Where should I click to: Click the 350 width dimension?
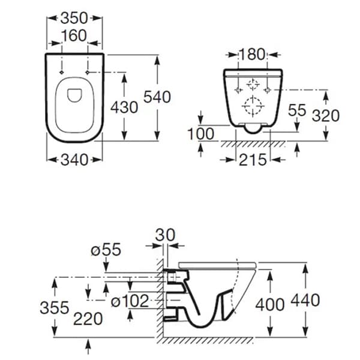click(74, 19)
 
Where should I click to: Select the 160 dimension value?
click(74, 36)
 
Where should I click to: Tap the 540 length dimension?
click(157, 97)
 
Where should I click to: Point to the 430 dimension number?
click(124, 107)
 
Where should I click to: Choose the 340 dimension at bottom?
click(74, 160)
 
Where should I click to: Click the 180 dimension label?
click(252, 55)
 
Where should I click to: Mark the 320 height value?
click(326, 115)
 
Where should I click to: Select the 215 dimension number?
click(253, 160)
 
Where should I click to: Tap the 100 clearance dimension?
click(201, 134)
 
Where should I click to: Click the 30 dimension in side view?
click(166, 235)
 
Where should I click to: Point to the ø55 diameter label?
click(106, 250)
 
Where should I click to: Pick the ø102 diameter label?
click(130, 301)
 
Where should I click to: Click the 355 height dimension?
click(55, 308)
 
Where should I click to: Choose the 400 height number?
click(270, 305)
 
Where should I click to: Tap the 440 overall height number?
click(305, 300)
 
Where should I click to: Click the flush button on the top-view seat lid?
click(74, 95)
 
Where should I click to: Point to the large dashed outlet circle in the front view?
click(253, 106)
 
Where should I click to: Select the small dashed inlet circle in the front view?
click(253, 85)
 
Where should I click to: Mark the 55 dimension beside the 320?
click(297, 110)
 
